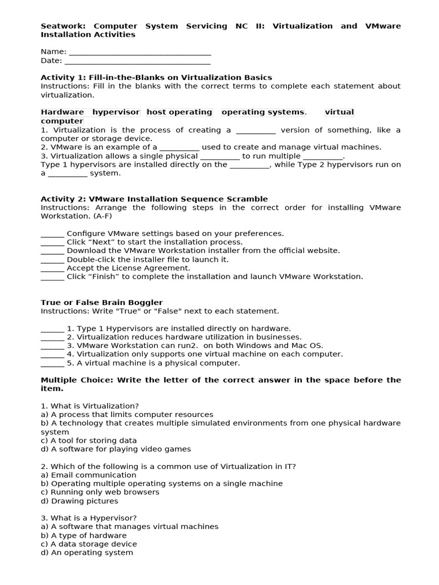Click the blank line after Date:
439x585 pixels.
pos(137,61)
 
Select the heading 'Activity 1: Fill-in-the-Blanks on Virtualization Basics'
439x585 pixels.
pos(156,77)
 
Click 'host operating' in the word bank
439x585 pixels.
pos(179,112)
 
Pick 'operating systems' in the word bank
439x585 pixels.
pos(262,112)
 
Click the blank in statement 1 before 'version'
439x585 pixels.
pos(256,130)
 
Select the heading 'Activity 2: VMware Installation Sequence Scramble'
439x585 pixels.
pos(154,199)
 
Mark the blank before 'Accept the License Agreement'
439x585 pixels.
pos(53,268)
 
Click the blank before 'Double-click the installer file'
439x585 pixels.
pos(53,259)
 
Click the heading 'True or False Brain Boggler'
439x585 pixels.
pos(101,302)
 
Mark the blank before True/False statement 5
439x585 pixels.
pos(53,363)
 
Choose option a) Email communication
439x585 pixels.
pos(89,475)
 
